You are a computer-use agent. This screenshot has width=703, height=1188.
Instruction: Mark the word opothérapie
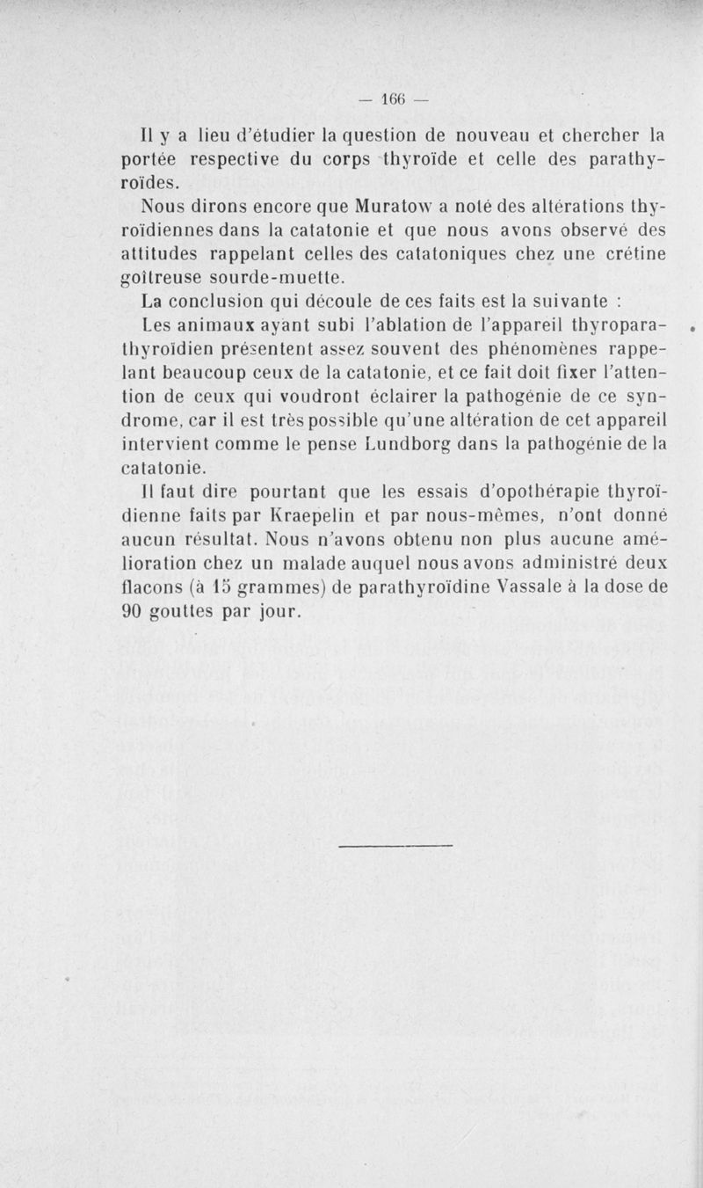point(511,492)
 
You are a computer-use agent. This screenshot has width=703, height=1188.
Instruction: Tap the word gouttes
point(188,611)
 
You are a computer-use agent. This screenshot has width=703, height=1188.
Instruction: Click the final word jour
point(278,611)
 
